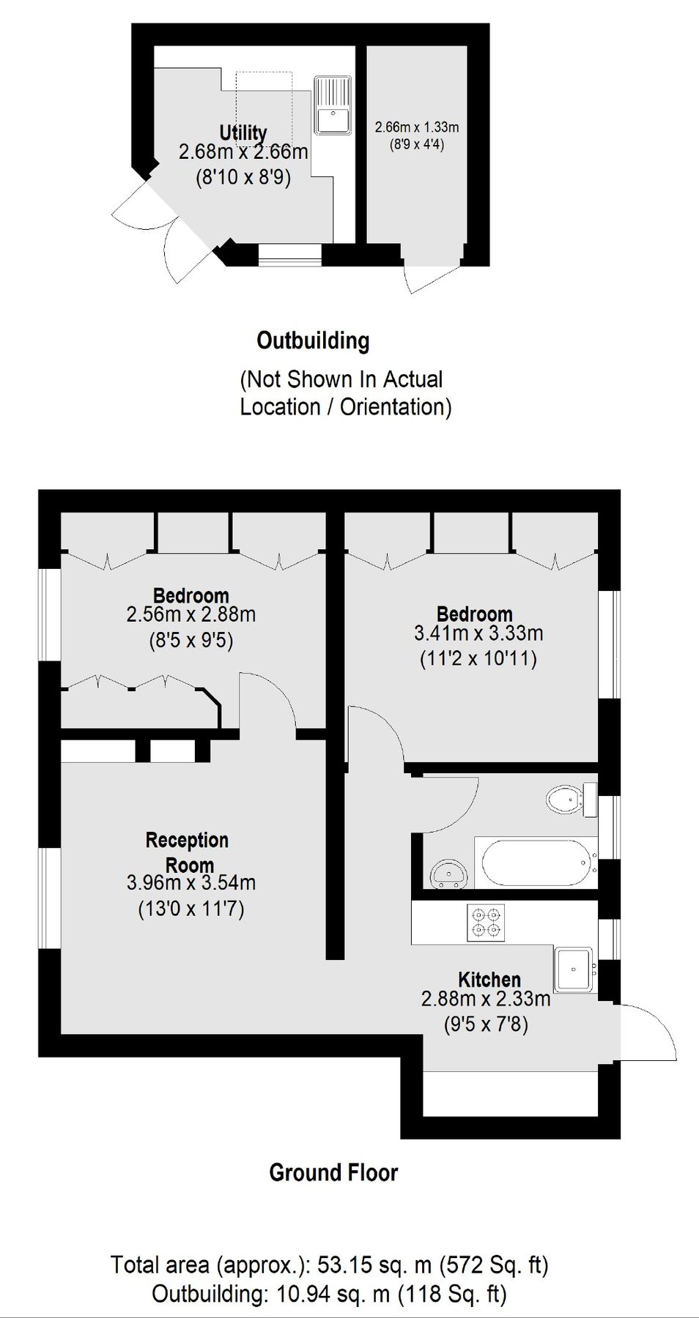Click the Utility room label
(243, 133)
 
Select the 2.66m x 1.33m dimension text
(417, 127)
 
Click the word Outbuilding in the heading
(313, 340)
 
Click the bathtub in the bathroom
(536, 863)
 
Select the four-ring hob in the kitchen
(486, 923)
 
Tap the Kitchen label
(489, 980)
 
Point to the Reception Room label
(188, 852)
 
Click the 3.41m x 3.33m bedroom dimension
(478, 633)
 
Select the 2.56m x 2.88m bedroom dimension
(191, 614)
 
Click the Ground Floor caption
(333, 1172)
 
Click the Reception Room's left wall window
(50, 898)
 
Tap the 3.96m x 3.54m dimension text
(191, 883)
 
